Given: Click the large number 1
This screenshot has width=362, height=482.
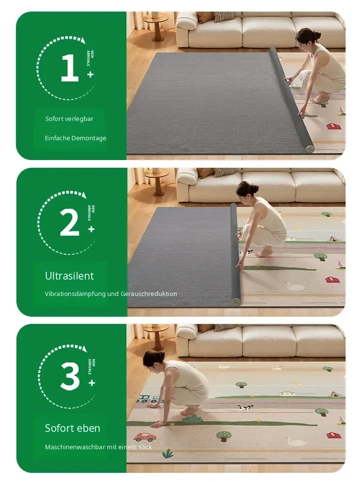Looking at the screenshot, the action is pyautogui.click(x=70, y=67).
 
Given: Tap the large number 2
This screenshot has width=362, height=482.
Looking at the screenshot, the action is pyautogui.click(x=70, y=222).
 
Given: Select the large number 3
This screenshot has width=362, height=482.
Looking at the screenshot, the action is pyautogui.click(x=70, y=375).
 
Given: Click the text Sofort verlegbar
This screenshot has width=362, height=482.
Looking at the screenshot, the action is pyautogui.click(x=69, y=119).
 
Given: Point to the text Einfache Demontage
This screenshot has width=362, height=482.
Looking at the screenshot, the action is pyautogui.click(x=75, y=138).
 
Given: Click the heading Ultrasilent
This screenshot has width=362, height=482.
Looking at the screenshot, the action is pyautogui.click(x=69, y=276).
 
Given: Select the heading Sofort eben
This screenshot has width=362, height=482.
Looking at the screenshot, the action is pyautogui.click(x=72, y=428).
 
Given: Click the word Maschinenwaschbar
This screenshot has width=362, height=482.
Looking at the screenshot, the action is pyautogui.click(x=75, y=447).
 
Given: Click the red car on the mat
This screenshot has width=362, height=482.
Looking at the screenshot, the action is pyautogui.click(x=145, y=437).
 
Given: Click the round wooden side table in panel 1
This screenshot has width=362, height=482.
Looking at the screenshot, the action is pyautogui.click(x=157, y=25).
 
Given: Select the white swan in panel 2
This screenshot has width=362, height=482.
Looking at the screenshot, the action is pyautogui.click(x=294, y=286).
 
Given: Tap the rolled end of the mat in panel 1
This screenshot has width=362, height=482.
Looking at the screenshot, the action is pyautogui.click(x=309, y=148).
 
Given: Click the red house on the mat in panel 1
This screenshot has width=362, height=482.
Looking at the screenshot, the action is pyautogui.click(x=334, y=126).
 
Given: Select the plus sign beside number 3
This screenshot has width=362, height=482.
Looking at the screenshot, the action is pyautogui.click(x=91, y=383).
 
